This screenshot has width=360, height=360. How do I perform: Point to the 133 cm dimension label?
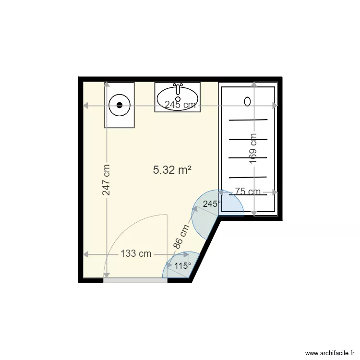136,254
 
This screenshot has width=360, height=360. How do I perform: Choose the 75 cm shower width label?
248,192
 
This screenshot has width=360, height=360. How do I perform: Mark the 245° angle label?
212,204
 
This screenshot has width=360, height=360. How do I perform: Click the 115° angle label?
182,265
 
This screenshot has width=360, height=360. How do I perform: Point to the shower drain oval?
247,101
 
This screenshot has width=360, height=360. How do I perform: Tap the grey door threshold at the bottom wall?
135,280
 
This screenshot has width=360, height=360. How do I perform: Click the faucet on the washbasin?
178,87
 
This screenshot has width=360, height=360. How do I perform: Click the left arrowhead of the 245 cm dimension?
86,105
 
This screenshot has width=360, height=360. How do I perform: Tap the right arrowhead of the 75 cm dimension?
275,192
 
